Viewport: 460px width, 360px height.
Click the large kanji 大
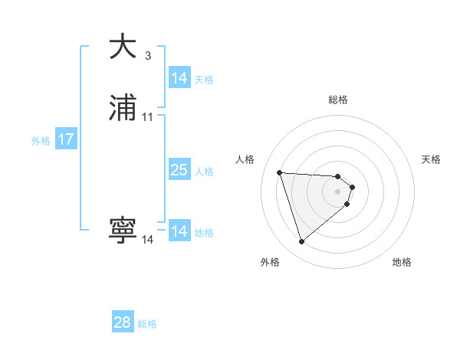(123, 47)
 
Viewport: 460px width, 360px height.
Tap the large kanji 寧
(123, 231)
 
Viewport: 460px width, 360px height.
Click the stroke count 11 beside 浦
(148, 117)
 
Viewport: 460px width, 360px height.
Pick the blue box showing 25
(179, 170)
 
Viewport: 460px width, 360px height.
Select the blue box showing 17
(66, 140)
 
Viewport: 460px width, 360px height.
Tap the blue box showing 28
(123, 322)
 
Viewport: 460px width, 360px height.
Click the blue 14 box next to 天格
(179, 78)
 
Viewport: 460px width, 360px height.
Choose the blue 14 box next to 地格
(179, 231)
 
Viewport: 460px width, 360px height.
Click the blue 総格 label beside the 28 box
(147, 324)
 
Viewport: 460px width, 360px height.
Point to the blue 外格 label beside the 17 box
(41, 141)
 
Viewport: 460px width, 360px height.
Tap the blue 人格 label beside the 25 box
(204, 172)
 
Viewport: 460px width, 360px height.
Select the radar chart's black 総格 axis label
(338, 100)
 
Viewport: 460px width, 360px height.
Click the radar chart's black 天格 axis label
(431, 159)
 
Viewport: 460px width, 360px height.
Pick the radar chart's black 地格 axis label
(402, 262)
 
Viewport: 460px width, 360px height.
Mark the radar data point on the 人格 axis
(280, 172)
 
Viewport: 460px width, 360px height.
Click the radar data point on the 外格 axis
(301, 242)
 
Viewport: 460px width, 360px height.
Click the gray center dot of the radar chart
(338, 191)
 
